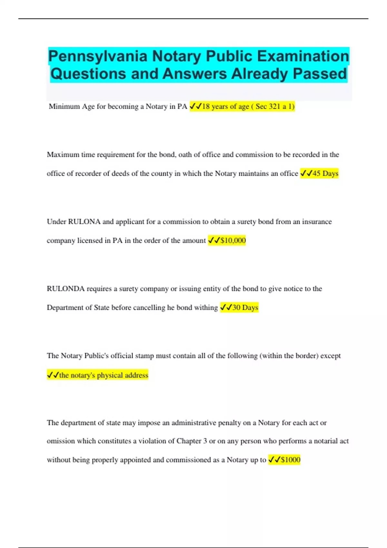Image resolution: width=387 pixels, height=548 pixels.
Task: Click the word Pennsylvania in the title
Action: (x=98, y=56)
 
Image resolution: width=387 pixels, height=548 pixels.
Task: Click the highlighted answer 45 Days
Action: (x=325, y=173)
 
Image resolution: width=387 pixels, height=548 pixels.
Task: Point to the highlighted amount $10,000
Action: (x=233, y=240)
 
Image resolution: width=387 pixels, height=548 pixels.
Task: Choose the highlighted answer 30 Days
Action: (x=245, y=308)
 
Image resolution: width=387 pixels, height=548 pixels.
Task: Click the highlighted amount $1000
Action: (x=290, y=460)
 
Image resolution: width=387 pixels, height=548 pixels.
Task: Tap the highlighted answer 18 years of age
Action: (x=225, y=106)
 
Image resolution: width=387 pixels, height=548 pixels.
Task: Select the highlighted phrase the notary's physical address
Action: (x=104, y=375)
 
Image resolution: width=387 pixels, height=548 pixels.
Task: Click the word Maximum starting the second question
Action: (x=63, y=155)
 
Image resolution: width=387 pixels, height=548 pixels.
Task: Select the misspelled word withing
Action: (x=206, y=308)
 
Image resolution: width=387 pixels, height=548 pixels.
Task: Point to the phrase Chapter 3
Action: (x=192, y=441)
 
